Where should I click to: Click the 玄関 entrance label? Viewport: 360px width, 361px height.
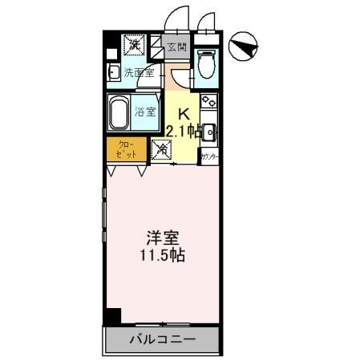point(176,46)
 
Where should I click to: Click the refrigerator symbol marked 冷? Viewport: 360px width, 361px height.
point(160,148)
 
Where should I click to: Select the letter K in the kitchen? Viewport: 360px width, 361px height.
point(182,113)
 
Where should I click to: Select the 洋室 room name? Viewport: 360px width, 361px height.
point(163,239)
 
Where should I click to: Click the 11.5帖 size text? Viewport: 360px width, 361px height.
point(163,257)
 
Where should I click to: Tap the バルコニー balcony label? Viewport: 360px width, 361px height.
point(162,339)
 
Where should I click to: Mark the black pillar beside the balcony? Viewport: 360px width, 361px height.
point(114,317)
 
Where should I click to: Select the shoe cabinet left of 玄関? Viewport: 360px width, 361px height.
point(156,47)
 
